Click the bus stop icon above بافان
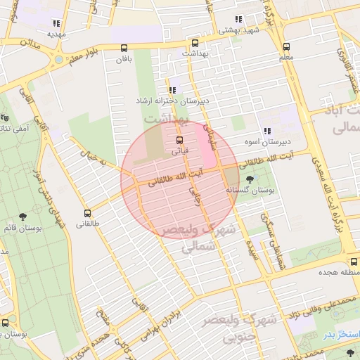coord(124,49)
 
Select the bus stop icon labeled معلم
coord(285,46)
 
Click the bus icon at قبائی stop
coord(178,139)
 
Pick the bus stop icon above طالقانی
coord(88,213)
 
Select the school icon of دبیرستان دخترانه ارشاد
coord(174,89)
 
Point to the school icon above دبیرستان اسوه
coord(267,131)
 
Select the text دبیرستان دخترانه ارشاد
coord(173,101)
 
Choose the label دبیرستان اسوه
coord(267,142)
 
